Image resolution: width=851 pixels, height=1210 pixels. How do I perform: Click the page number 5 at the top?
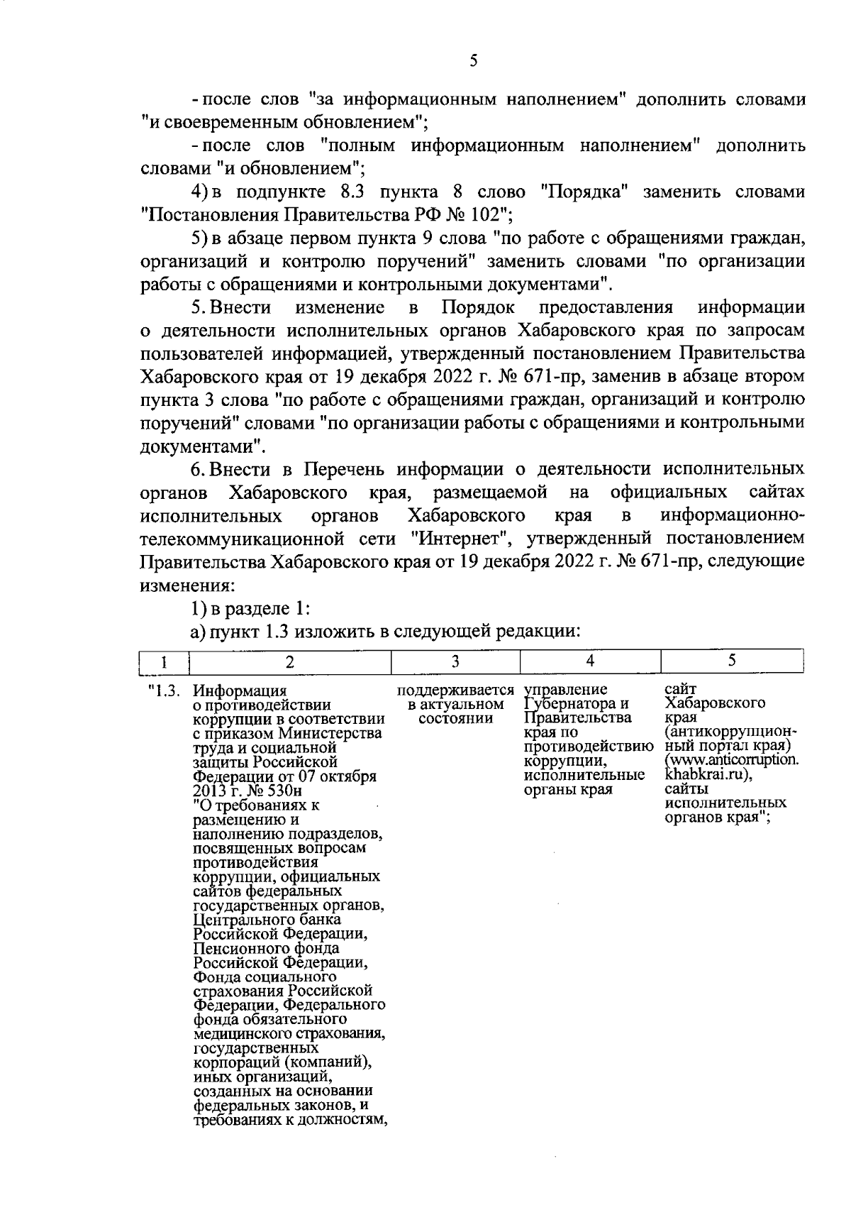tap(473, 61)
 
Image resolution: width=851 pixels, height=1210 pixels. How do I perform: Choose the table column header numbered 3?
tap(455, 662)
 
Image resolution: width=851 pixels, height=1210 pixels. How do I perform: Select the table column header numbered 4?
tap(590, 662)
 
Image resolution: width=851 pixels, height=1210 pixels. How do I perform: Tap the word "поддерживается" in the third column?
tap(455, 690)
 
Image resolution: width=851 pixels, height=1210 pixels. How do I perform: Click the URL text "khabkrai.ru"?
tap(704, 774)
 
